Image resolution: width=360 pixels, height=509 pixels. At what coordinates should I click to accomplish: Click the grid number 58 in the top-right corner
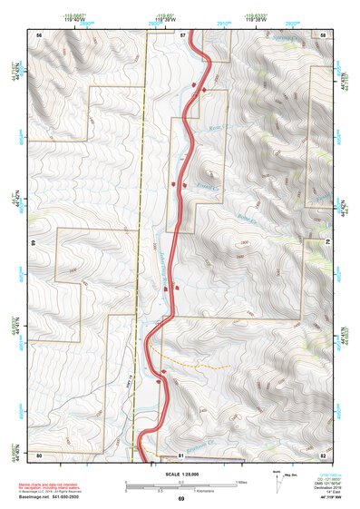pos(323,34)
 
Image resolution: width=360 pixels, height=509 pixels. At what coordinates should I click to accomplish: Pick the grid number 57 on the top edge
pos(182,34)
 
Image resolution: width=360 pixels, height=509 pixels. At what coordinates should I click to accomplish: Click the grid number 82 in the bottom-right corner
pos(323,455)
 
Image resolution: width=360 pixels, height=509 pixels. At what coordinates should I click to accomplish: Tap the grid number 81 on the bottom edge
pos(180,455)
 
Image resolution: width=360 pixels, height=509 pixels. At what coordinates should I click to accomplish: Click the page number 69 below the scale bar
pos(180,499)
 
